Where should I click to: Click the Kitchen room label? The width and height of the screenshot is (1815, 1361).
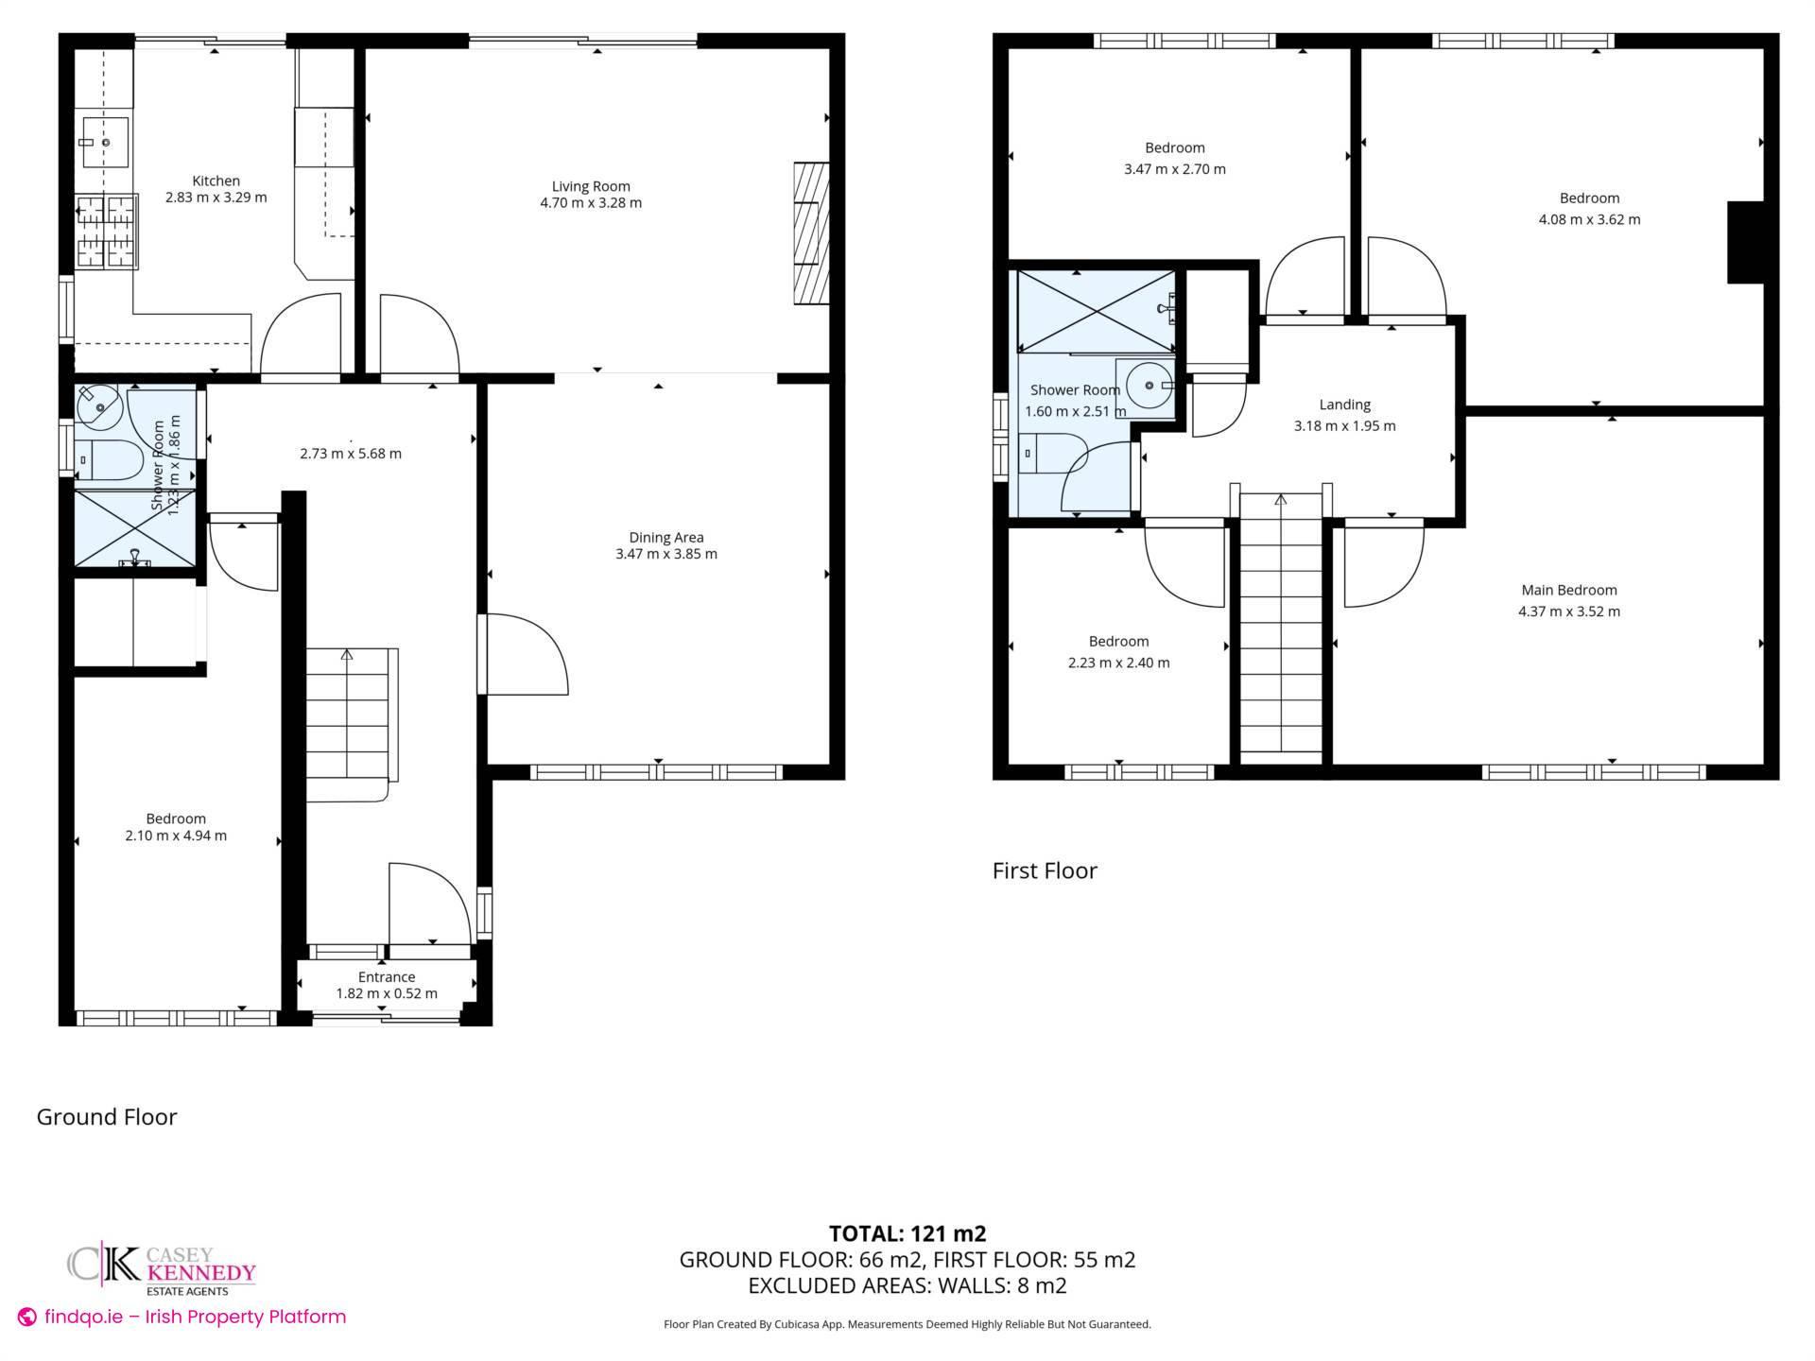(x=216, y=181)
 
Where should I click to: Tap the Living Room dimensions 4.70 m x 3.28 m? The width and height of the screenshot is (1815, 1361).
(x=591, y=203)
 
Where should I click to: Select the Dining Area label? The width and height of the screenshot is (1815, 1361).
(x=665, y=538)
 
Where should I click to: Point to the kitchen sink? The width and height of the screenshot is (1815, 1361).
(x=104, y=142)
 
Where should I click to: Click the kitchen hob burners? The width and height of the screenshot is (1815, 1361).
(x=106, y=233)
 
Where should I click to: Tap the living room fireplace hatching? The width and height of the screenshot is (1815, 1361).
(x=811, y=233)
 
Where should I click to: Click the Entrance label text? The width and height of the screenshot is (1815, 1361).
(x=387, y=977)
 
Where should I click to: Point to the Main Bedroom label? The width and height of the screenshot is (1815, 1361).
(x=1569, y=590)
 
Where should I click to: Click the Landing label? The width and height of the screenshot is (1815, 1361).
(x=1344, y=405)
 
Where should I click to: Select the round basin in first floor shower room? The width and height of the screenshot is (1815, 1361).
(x=1146, y=386)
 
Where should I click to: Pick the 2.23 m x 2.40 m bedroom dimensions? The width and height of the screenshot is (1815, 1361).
(x=1118, y=663)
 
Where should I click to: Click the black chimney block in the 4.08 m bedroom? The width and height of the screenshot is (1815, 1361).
(x=1745, y=242)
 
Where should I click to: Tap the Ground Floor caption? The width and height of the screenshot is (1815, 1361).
(x=107, y=1117)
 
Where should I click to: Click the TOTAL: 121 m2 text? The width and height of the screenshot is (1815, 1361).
(x=907, y=1233)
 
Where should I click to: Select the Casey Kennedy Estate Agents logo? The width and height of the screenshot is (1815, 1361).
(x=161, y=1270)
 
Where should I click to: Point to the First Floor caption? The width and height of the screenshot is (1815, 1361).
(x=1045, y=870)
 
